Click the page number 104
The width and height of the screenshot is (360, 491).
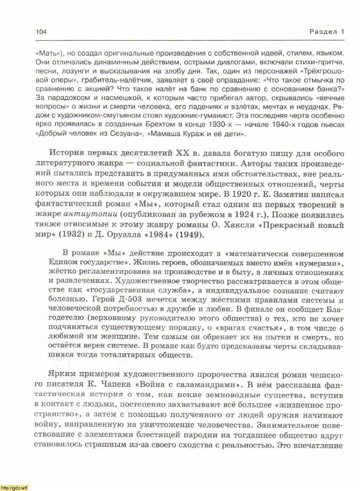click(x=41, y=32)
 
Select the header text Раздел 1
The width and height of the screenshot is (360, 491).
click(x=327, y=32)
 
